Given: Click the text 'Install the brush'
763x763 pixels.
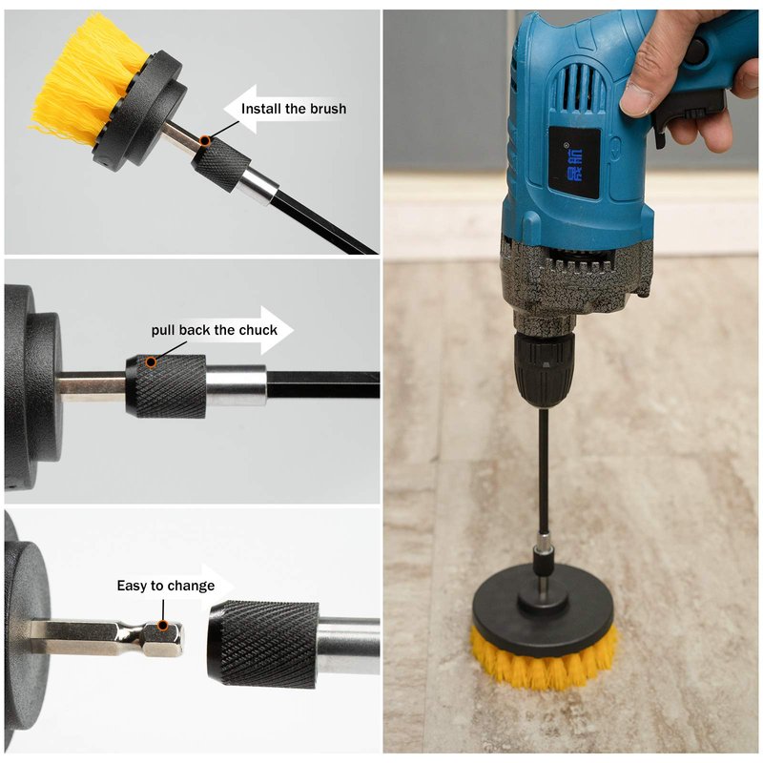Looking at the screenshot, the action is pos(294,109).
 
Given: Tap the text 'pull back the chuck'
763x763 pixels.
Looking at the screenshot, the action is pos(214,330).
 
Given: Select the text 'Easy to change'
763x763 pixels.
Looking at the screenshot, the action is pos(165,586).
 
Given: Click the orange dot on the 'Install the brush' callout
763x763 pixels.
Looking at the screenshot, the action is pos(205,140).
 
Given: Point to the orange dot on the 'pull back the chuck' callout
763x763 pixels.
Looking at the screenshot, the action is pos(152,361).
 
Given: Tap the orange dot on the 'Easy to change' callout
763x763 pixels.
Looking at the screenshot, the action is pos(163,626).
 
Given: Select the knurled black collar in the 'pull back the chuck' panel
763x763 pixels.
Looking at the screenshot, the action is pos(166,386).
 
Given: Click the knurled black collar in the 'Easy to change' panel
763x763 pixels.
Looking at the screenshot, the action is pos(263,643).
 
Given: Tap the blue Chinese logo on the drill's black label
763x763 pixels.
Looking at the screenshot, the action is pos(574,163).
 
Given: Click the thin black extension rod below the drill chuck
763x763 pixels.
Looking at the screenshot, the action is pos(544,472).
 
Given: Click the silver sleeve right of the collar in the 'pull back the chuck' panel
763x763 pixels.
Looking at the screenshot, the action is pos(236,385).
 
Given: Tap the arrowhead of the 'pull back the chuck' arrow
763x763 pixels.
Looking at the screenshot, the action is pos(278,330).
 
